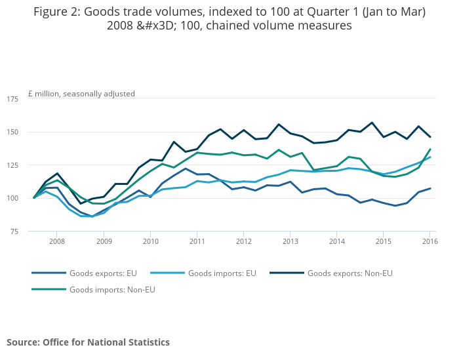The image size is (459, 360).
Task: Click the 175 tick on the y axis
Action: point(12,99)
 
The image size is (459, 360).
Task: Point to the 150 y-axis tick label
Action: point(12,132)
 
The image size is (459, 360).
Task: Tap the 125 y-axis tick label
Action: point(12,165)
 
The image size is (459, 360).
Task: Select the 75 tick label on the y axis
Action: point(14,231)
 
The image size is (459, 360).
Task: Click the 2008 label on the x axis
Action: point(56,242)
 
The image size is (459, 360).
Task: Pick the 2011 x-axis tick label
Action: point(197,242)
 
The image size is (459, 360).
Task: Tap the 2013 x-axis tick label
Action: point(290,242)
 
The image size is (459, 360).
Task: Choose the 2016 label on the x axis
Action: point(429,242)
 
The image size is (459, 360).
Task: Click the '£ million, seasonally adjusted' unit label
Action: point(81,94)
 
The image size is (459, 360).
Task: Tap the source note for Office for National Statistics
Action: point(88,342)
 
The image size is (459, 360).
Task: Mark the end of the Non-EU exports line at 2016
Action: point(430,137)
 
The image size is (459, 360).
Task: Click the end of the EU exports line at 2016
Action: point(430,188)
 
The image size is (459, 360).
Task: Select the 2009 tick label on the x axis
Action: point(104,242)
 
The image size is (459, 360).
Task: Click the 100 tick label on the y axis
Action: point(12,198)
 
